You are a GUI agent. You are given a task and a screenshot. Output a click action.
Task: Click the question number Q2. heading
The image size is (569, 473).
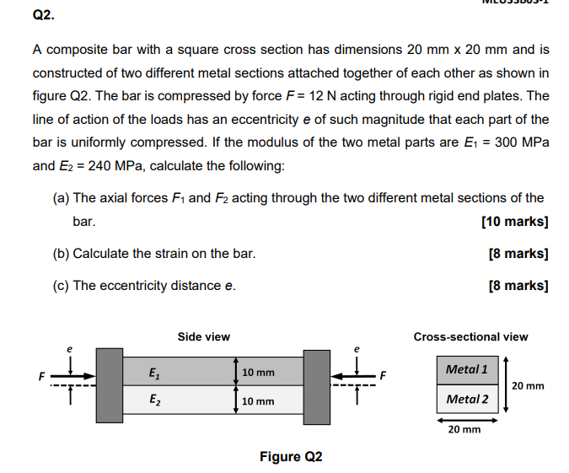(x=43, y=13)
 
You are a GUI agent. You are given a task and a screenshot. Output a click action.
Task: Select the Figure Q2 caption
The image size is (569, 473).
(x=291, y=457)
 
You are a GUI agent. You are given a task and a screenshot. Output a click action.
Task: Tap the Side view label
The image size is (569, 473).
(x=204, y=336)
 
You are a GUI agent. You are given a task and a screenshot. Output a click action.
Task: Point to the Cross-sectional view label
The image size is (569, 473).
(x=470, y=336)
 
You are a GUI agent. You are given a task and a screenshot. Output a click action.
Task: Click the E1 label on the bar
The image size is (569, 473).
(x=153, y=372)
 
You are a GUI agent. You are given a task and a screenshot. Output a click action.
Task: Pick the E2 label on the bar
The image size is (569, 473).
(x=153, y=400)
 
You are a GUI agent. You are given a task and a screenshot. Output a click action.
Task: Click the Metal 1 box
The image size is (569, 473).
(x=467, y=369)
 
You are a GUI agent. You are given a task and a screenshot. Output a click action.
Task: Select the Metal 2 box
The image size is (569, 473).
(x=467, y=399)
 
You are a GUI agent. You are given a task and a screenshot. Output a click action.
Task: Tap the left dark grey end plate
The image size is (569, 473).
(x=109, y=385)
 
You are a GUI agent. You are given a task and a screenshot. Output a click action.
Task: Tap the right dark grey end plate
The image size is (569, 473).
(x=316, y=385)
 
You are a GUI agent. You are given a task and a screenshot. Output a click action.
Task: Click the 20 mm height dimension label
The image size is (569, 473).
(x=529, y=386)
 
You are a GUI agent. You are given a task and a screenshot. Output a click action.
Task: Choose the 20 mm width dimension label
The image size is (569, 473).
(x=464, y=429)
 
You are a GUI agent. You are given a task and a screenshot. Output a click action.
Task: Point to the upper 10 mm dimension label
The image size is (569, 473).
(x=258, y=372)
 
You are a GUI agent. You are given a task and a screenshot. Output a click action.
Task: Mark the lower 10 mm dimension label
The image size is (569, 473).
(x=258, y=400)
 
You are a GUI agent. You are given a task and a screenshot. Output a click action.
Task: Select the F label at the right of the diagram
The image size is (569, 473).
(x=382, y=376)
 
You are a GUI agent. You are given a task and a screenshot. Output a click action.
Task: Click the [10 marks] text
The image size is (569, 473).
(x=514, y=223)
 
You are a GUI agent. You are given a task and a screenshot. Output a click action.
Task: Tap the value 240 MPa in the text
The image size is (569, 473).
(x=114, y=165)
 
